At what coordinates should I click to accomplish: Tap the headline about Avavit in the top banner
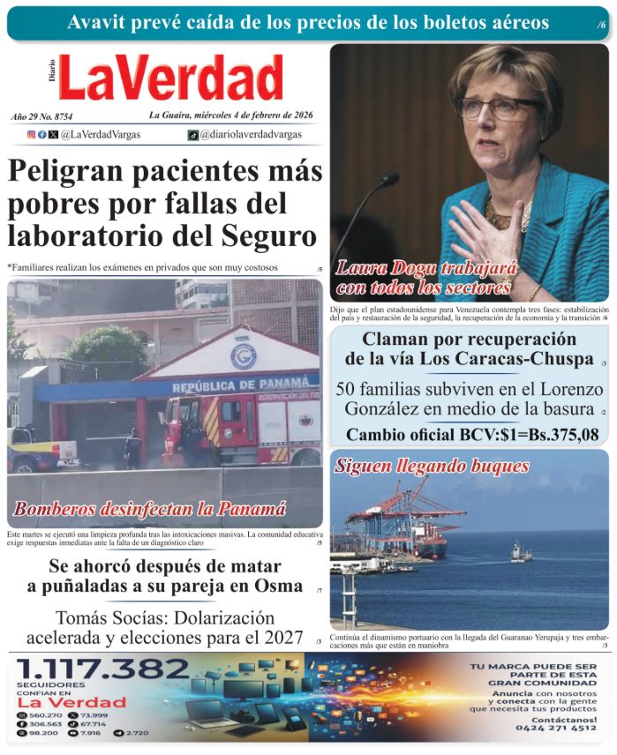pos(308,22)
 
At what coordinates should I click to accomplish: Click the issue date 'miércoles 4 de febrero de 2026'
pos(251,116)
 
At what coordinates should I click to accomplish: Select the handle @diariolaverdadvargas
pos(252,135)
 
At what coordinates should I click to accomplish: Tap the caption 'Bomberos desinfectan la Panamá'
pos(150,509)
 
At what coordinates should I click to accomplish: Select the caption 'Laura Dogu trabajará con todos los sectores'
pos(425,277)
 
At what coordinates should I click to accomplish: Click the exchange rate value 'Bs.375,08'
pos(558,434)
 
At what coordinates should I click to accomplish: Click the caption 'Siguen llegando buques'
pos(432,466)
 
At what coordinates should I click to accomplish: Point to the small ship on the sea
pos(521,553)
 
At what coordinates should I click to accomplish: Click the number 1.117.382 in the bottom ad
pos(103,670)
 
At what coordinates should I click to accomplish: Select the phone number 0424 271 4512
pos(545,728)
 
